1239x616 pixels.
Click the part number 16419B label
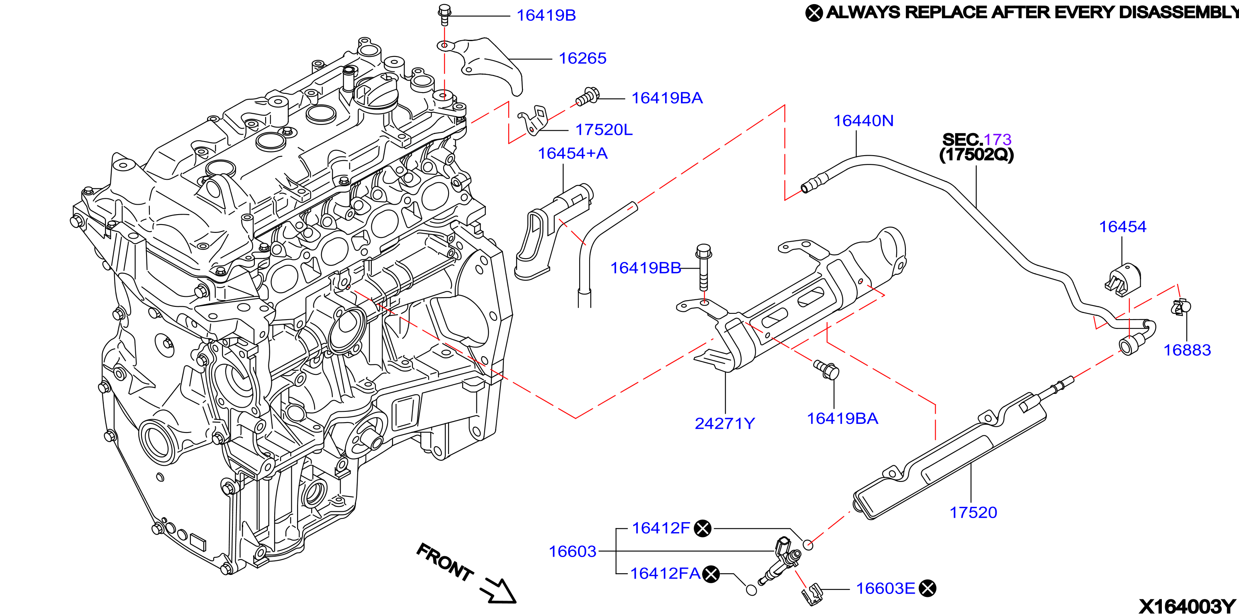[x=546, y=15]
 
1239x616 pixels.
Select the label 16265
[x=583, y=58]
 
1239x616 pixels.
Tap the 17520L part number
[x=604, y=130]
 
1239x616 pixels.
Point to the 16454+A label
[x=572, y=153]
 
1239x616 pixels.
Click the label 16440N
[x=863, y=120]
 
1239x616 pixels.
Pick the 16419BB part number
[x=646, y=268]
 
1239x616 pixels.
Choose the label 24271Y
[x=725, y=423]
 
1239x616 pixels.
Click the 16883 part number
[x=1187, y=350]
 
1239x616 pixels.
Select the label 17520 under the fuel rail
[x=973, y=512]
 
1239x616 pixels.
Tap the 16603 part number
[x=572, y=551]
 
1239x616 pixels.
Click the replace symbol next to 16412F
[x=703, y=528]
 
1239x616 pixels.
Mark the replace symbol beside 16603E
[x=927, y=588]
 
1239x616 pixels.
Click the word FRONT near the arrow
[x=445, y=562]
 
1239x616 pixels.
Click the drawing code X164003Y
[x=1187, y=606]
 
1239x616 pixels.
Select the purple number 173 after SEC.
[x=998, y=139]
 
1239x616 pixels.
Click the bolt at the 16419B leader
[x=444, y=15]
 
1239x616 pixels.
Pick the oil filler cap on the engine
[x=375, y=94]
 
